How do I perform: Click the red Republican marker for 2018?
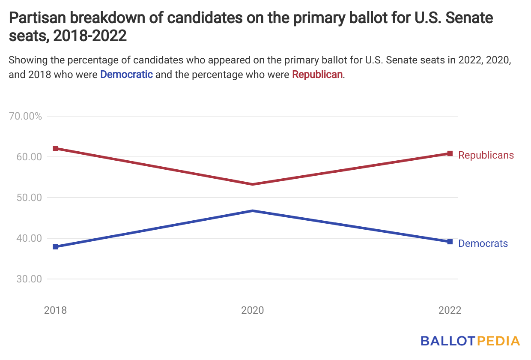(56, 148)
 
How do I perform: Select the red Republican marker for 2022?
(450, 153)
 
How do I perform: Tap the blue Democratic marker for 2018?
(56, 247)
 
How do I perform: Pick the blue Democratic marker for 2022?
(450, 242)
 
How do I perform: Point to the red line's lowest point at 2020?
(253, 184)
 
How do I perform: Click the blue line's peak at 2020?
(253, 211)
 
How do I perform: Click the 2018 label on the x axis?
(56, 310)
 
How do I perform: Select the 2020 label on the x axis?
(253, 310)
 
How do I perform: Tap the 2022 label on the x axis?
(450, 310)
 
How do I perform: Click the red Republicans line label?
(486, 155)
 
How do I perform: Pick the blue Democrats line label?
(483, 243)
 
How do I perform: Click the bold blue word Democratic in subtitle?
(126, 74)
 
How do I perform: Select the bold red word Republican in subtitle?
(317, 74)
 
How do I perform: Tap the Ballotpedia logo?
(470, 341)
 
